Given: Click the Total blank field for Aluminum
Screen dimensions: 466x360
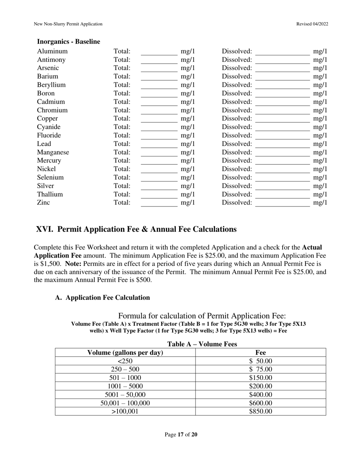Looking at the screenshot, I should click(x=159, y=52).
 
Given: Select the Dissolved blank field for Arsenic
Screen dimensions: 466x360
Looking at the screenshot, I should click(x=282, y=68).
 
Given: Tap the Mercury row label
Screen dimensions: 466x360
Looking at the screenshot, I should click(x=49, y=161).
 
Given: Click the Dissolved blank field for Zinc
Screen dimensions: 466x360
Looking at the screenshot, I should click(x=282, y=203).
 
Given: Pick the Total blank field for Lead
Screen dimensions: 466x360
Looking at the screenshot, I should click(x=159, y=144).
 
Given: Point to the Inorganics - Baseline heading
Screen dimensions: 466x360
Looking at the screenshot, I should click(x=69, y=42).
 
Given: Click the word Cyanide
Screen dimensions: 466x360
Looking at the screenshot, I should click(x=49, y=127).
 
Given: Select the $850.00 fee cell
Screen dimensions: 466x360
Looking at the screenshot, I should click(x=261, y=411).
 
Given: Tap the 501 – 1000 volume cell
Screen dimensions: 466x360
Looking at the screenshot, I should click(x=125, y=378).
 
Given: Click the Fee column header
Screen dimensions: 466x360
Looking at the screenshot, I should click(x=261, y=353).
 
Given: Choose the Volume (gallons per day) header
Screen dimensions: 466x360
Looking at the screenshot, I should click(x=125, y=353).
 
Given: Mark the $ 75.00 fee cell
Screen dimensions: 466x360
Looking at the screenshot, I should click(x=261, y=369).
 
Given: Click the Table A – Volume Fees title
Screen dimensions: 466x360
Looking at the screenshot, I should click(x=202, y=344).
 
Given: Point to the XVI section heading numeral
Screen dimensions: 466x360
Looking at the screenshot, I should click(x=44, y=230).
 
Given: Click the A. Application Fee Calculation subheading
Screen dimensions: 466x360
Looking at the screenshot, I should click(x=102, y=298).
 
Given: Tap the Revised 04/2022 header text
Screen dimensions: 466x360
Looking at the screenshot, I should click(x=312, y=24).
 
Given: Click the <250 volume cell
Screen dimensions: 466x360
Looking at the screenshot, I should click(x=125, y=361).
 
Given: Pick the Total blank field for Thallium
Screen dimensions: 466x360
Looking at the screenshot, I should click(x=159, y=194).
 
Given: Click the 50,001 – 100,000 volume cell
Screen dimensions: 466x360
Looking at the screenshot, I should click(x=125, y=403).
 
